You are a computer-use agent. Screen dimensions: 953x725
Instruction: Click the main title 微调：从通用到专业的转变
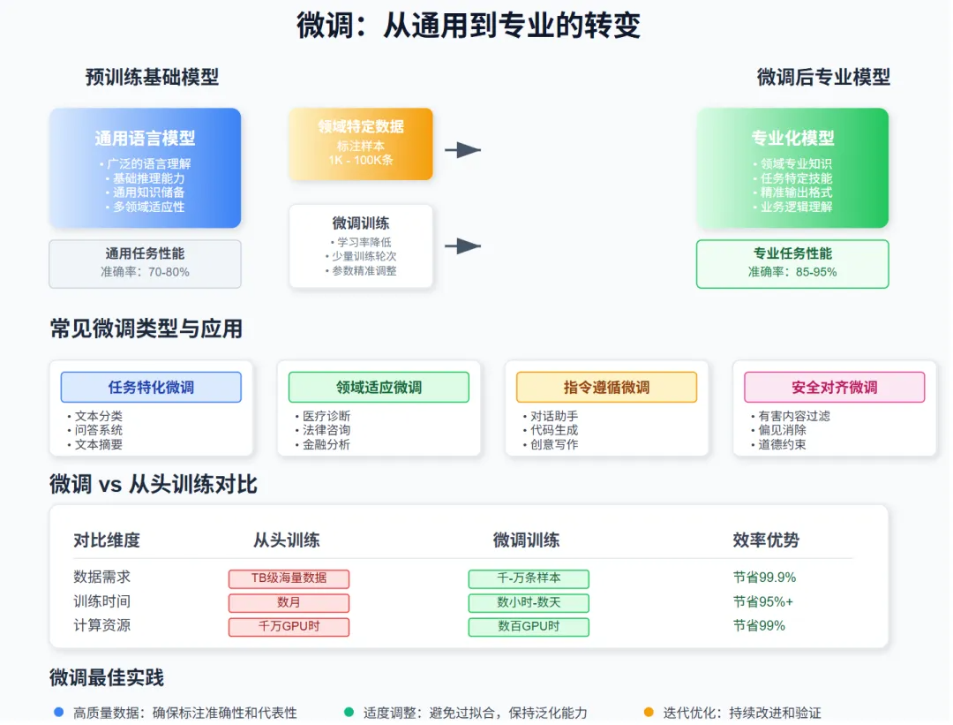[469, 26]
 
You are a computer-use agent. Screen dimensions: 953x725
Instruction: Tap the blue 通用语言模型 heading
[146, 139]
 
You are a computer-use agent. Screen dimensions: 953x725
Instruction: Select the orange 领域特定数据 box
[361, 144]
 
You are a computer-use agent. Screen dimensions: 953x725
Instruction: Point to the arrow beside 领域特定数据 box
[462, 149]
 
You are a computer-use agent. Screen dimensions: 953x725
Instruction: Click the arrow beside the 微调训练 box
[462, 245]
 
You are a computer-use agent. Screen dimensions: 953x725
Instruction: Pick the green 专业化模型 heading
[792, 139]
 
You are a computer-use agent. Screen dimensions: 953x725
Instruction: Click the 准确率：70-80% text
[146, 272]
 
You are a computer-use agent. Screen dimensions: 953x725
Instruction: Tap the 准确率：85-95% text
[792, 272]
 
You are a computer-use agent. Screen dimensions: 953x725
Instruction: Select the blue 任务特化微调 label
[151, 387]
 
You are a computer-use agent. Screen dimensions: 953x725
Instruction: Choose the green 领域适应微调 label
[379, 387]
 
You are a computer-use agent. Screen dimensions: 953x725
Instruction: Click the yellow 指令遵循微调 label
[606, 387]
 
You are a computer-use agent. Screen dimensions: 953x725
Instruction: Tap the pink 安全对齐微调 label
[835, 387]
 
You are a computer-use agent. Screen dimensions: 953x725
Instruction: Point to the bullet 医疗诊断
[323, 416]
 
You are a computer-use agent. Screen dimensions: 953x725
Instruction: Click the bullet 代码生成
[551, 430]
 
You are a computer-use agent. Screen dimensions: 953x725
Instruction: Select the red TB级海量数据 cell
[289, 578]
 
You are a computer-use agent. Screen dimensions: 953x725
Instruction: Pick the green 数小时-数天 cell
[529, 603]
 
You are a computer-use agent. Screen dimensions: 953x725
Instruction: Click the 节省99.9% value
[764, 578]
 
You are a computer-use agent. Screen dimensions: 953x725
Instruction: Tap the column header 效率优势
[766, 540]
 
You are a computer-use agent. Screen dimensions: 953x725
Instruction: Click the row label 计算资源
[102, 625]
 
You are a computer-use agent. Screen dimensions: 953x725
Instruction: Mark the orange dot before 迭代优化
[649, 713]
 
